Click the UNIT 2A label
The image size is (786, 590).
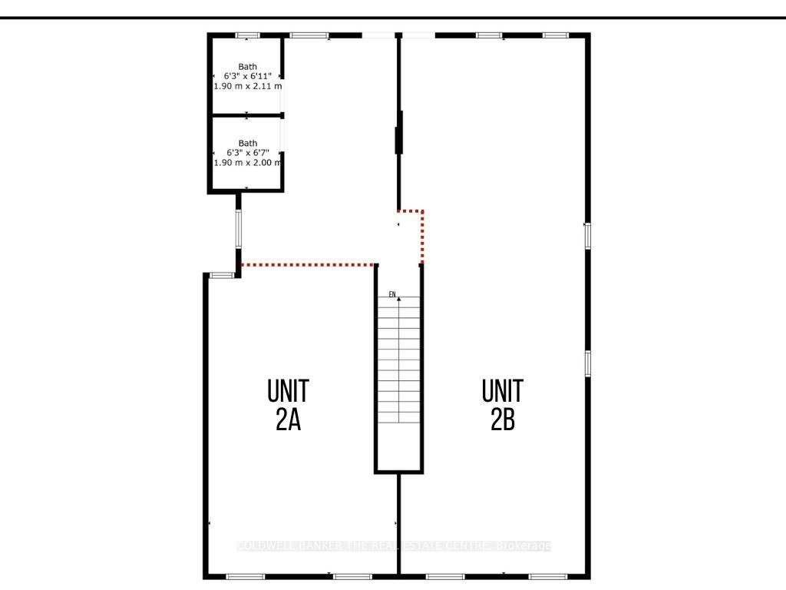[288, 405]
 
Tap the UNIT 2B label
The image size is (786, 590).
[503, 405]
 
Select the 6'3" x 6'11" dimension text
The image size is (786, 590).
[247, 77]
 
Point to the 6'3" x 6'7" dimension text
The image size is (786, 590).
[247, 153]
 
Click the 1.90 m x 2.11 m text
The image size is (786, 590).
[247, 87]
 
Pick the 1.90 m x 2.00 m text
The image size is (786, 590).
[247, 163]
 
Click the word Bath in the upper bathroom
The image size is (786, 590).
[247, 67]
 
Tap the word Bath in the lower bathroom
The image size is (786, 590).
[247, 143]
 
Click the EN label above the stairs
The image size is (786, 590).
[391, 294]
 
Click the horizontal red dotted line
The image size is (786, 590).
[308, 265]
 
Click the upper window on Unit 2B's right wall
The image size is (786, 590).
[587, 235]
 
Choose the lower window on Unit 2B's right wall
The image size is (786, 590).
[587, 363]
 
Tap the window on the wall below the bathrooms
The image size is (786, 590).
[239, 228]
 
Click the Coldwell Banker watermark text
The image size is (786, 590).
[393, 546]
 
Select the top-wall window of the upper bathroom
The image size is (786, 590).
[247, 35]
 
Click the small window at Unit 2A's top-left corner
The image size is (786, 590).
[222, 275]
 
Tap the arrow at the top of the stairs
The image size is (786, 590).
[398, 299]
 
